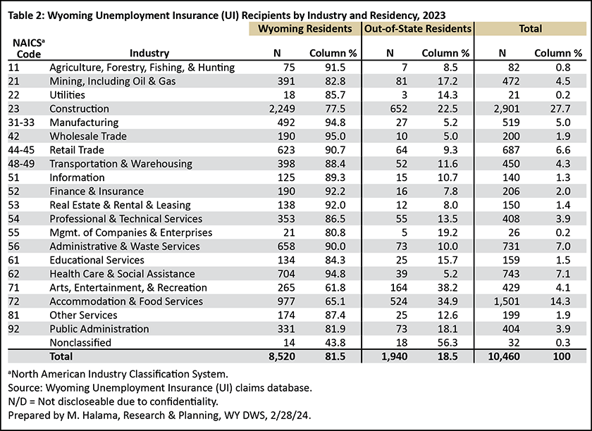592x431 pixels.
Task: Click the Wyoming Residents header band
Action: coord(304,29)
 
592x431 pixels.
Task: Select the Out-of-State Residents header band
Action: coord(417,29)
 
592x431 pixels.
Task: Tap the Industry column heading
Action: coord(149,54)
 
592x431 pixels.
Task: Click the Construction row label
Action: coord(79,108)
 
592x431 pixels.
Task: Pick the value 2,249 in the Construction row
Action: coord(282,108)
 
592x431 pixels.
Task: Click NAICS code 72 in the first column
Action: coord(13,301)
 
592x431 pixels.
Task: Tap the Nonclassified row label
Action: coord(80,343)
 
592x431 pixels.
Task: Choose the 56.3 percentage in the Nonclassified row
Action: coord(448,343)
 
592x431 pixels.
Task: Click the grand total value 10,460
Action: coord(504,356)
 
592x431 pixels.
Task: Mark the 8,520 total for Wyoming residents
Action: coord(282,356)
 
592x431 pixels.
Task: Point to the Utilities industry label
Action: coord(67,95)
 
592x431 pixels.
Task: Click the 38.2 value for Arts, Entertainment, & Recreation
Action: coord(448,287)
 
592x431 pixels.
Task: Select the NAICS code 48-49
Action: coord(21,164)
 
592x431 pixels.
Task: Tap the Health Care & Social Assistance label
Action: coord(123,274)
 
